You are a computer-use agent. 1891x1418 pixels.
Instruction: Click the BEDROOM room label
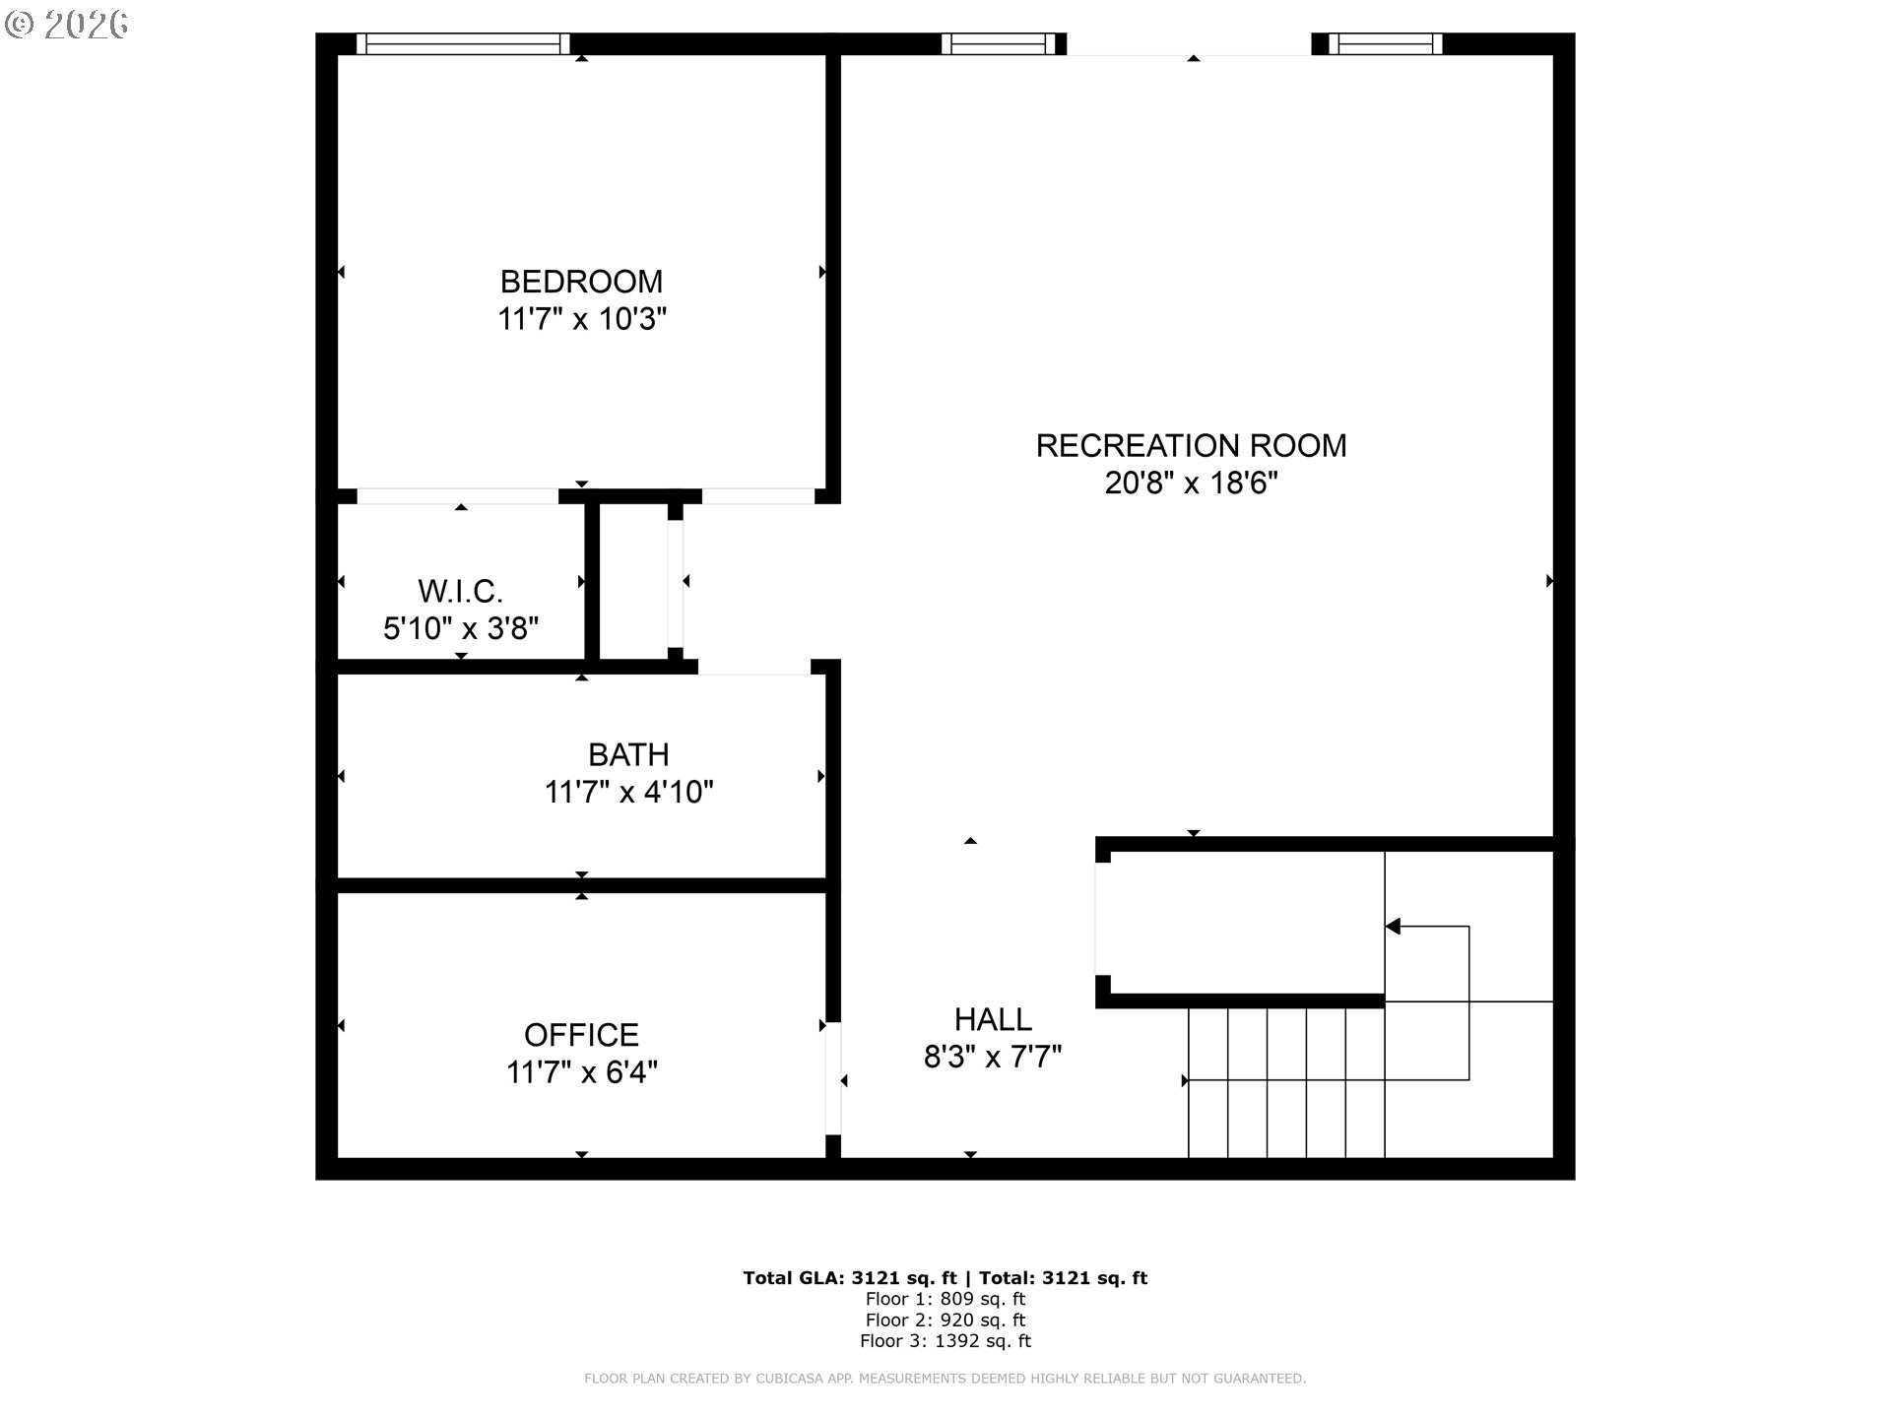pyautogui.click(x=581, y=282)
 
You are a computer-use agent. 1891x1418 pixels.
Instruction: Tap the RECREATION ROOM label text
pyautogui.click(x=1191, y=446)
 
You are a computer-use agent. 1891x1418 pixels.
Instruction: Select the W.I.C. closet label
pyautogui.click(x=460, y=592)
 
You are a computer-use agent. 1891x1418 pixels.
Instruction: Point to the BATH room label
pyautogui.click(x=628, y=755)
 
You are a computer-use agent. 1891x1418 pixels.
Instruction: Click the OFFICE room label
pyautogui.click(x=581, y=1035)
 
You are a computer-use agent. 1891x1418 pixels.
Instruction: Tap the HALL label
pyautogui.click(x=993, y=1019)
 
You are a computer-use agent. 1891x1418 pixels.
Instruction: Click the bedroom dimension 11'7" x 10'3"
pyautogui.click(x=582, y=319)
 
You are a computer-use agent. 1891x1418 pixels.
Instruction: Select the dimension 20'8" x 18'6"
pyautogui.click(x=1191, y=483)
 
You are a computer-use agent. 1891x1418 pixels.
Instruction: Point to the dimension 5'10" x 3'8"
pyautogui.click(x=461, y=628)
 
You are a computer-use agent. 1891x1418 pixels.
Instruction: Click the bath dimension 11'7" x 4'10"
pyautogui.click(x=628, y=792)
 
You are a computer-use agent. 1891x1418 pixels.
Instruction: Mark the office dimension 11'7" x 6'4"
pyautogui.click(x=582, y=1071)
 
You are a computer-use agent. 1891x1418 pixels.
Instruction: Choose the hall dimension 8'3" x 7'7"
pyautogui.click(x=993, y=1057)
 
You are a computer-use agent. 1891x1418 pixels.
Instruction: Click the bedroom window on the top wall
pyautogui.click(x=463, y=44)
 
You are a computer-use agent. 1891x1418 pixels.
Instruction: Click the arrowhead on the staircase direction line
pyautogui.click(x=1393, y=927)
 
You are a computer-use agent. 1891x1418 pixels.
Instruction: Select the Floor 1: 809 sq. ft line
pyautogui.click(x=945, y=1300)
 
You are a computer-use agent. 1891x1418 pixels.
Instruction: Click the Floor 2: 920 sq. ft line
pyautogui.click(x=945, y=1321)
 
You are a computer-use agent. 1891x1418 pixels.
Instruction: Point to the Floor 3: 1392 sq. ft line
pyautogui.click(x=945, y=1341)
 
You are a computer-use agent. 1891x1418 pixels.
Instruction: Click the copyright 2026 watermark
pyautogui.click(x=67, y=25)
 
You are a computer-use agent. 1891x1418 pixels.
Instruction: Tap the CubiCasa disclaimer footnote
pyautogui.click(x=945, y=1379)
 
